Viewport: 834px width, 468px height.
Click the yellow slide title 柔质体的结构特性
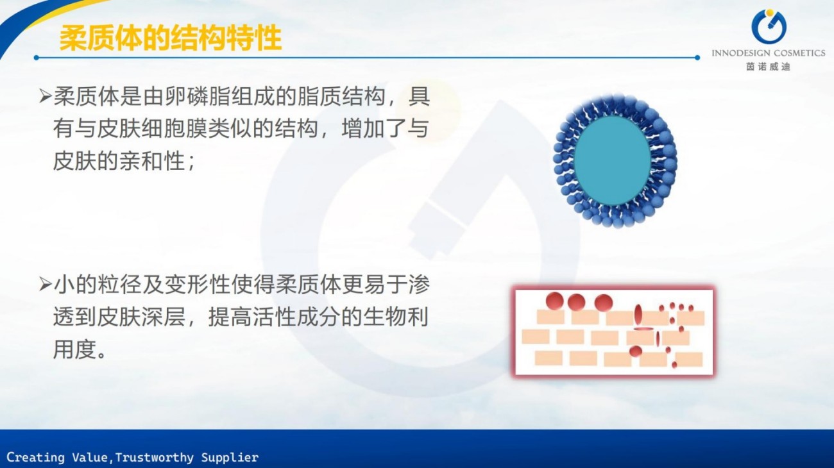(170, 38)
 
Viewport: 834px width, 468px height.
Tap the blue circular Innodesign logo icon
(769, 26)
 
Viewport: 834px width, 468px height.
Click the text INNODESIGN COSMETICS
(769, 53)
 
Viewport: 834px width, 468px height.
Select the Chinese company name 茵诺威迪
(769, 67)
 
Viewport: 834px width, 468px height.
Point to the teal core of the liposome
(613, 160)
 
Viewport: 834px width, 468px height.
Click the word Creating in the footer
(35, 457)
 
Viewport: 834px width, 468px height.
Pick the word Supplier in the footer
(230, 458)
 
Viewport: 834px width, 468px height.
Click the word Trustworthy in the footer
(155, 457)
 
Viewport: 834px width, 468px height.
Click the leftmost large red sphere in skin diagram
(555, 301)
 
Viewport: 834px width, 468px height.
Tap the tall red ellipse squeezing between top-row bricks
(638, 314)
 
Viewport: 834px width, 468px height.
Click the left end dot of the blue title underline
(36, 58)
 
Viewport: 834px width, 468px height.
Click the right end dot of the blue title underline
(697, 58)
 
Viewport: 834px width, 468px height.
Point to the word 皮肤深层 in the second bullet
(119, 317)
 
